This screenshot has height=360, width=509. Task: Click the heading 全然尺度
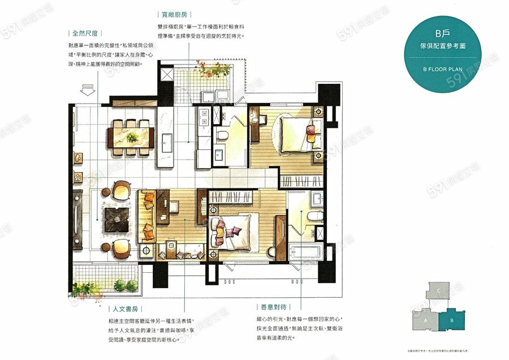(x=86, y=33)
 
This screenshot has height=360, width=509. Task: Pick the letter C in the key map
(x=439, y=291)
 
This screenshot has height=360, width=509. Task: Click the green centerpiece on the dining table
(x=131, y=138)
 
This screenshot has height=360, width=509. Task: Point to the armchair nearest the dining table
(x=122, y=188)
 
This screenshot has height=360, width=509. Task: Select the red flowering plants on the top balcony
(x=214, y=71)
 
